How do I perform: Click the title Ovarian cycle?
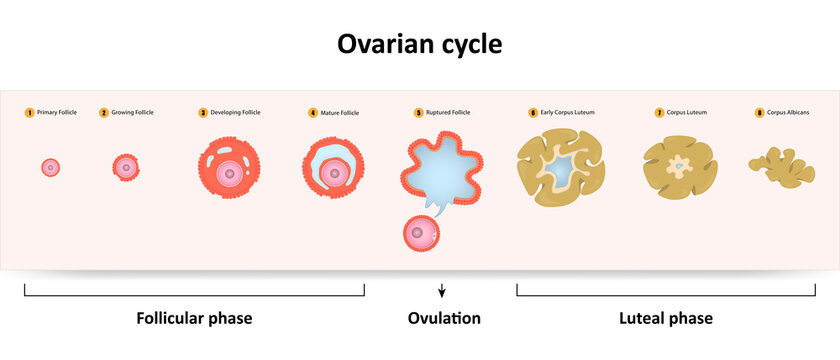pyautogui.click(x=419, y=45)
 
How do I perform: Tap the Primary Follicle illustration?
pyautogui.click(x=50, y=167)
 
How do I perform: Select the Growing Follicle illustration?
pyautogui.click(x=126, y=167)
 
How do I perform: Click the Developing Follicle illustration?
pyautogui.click(x=229, y=173)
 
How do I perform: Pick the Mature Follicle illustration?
pyautogui.click(x=333, y=172)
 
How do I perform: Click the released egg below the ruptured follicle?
pyautogui.click(x=419, y=233)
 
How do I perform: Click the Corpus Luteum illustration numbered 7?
pyautogui.click(x=679, y=164)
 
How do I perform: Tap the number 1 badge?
pyautogui.click(x=30, y=113)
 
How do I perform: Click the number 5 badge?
pyautogui.click(x=419, y=113)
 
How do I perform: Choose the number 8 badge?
pyautogui.click(x=759, y=113)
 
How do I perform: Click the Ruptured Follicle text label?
pyautogui.click(x=448, y=113)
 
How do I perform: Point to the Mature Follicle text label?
pyautogui.click(x=340, y=113)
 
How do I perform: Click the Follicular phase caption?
pyautogui.click(x=194, y=319)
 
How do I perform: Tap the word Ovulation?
pyautogui.click(x=444, y=319)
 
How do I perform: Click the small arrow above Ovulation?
pyautogui.click(x=441, y=292)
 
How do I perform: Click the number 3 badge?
pyautogui.click(x=203, y=113)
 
